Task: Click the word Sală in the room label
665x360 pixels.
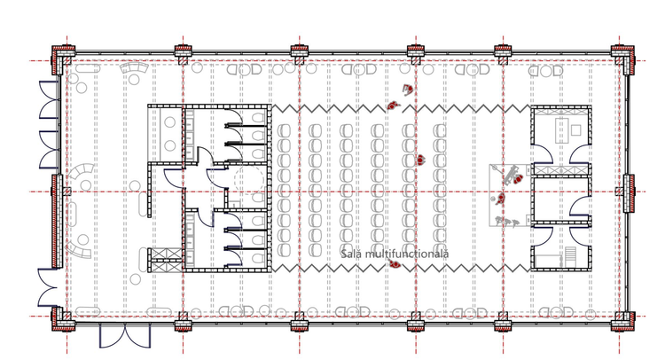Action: pos(351,254)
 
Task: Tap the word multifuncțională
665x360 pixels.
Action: pos(407,254)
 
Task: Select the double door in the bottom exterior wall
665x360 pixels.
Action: pos(125,336)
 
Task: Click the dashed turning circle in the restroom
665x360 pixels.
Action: pos(249,180)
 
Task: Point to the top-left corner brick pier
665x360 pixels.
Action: pos(62,58)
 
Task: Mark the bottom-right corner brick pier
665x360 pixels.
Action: pos(623,321)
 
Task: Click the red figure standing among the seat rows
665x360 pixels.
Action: pos(420,160)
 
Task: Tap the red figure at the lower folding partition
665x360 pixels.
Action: pos(394,264)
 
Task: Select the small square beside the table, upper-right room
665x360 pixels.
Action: pos(576,129)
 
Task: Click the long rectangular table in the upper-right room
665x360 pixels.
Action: pos(561,129)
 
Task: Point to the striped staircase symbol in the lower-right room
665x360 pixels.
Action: pos(570,256)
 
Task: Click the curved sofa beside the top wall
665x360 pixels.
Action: pos(134,68)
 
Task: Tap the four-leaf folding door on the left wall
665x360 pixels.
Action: pos(49,125)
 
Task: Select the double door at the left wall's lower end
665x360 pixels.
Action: pos(48,287)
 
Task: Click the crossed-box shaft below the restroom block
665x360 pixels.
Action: pos(167,260)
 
